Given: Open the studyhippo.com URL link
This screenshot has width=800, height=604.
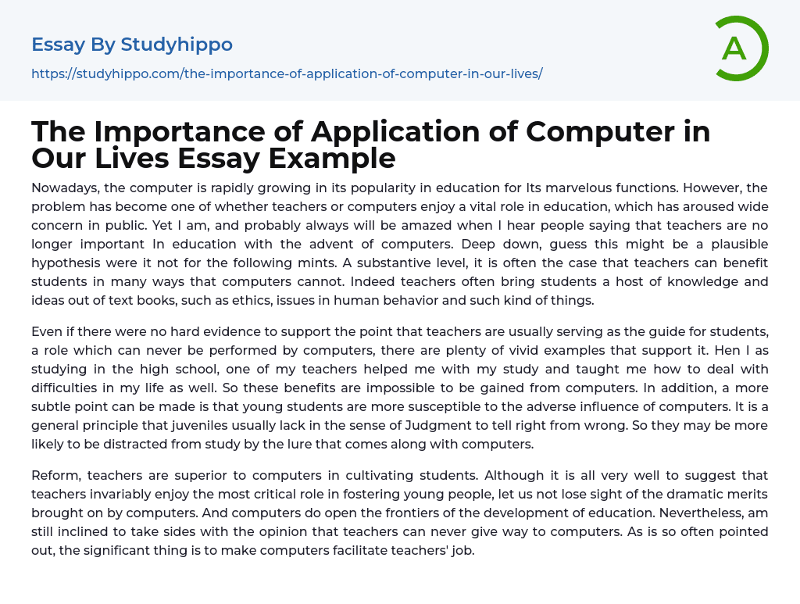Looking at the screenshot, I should tap(287, 73).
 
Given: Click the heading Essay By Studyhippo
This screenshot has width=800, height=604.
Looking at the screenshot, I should tap(132, 45).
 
